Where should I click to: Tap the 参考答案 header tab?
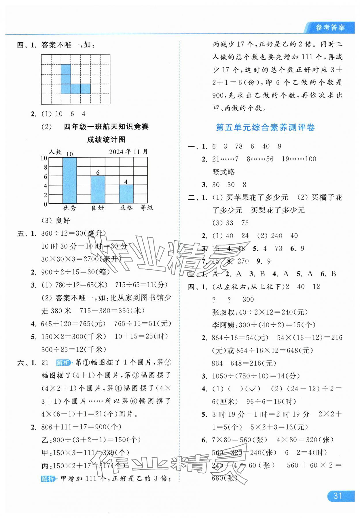click(x=330, y=28)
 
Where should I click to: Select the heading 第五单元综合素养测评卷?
click(x=265, y=127)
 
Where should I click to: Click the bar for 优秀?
click(x=69, y=181)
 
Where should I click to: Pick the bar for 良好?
click(x=98, y=190)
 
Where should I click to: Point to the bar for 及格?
click(x=126, y=194)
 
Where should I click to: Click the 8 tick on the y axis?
click(x=45, y=167)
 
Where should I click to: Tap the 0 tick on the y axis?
click(x=45, y=204)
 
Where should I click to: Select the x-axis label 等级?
click(x=147, y=207)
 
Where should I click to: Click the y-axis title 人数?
click(x=55, y=152)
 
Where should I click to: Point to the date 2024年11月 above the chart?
click(x=128, y=152)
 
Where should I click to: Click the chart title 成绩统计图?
click(x=106, y=140)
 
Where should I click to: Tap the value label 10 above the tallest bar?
click(x=69, y=154)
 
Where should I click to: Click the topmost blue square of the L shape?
click(x=66, y=69)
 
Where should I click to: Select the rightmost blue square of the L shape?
click(x=85, y=89)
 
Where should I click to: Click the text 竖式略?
click(x=223, y=172)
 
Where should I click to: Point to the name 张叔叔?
click(x=223, y=312)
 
